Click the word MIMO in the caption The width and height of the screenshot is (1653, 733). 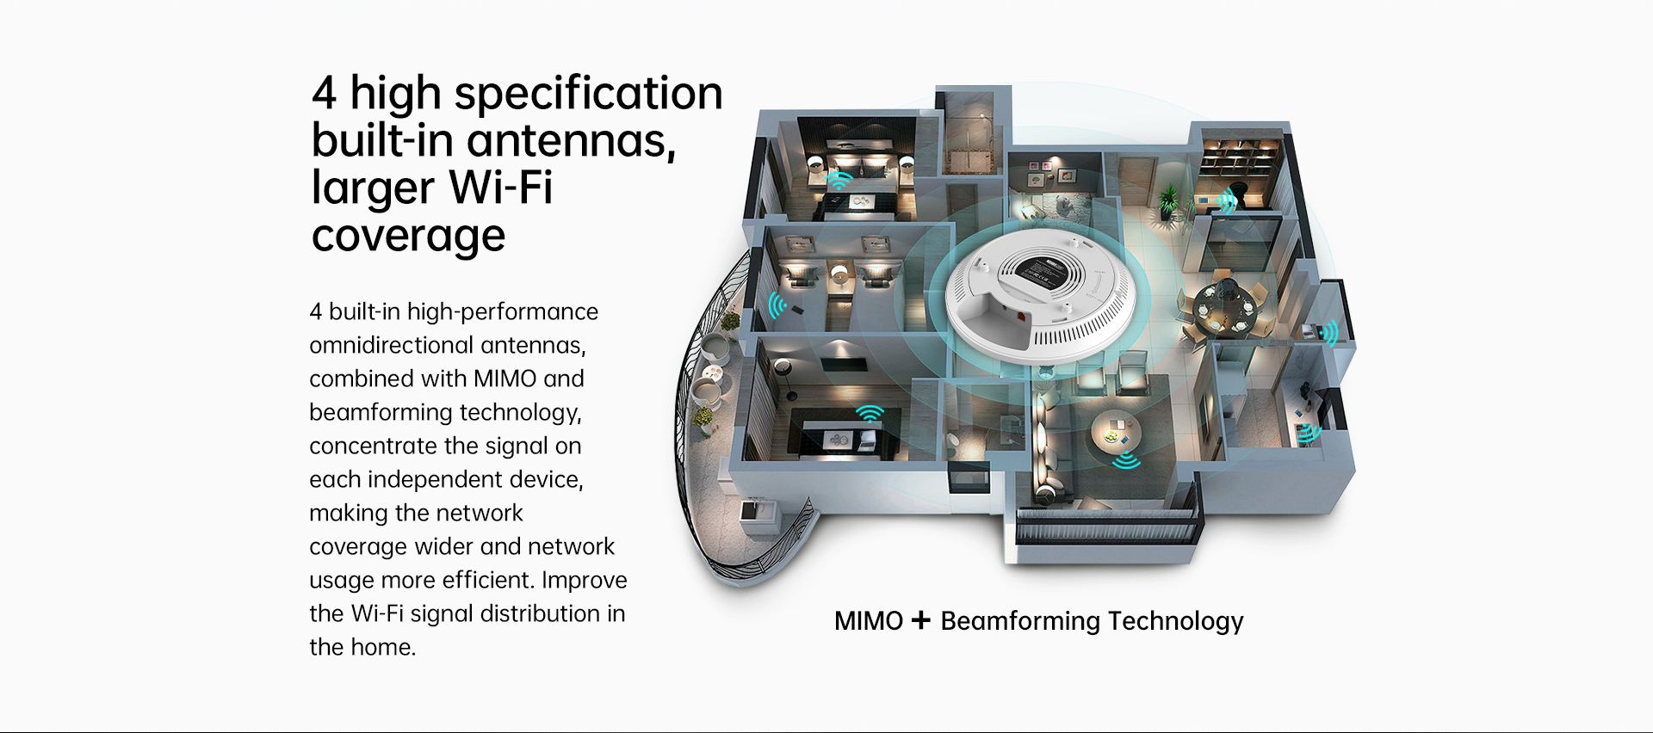pyautogui.click(x=869, y=620)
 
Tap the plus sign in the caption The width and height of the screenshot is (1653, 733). pyautogui.click(x=921, y=620)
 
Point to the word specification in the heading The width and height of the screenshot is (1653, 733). pyautogui.click(x=589, y=94)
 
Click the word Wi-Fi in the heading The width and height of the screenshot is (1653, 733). pyautogui.click(x=500, y=188)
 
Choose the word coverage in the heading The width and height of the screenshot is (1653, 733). pyautogui.click(x=408, y=237)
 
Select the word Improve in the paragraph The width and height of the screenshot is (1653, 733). pyautogui.click(x=585, y=581)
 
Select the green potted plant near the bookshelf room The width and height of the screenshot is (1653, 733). pyautogui.click(x=1168, y=203)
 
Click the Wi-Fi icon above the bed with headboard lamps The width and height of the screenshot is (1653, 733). pyautogui.click(x=839, y=180)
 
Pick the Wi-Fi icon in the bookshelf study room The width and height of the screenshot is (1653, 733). pyautogui.click(x=1228, y=200)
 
